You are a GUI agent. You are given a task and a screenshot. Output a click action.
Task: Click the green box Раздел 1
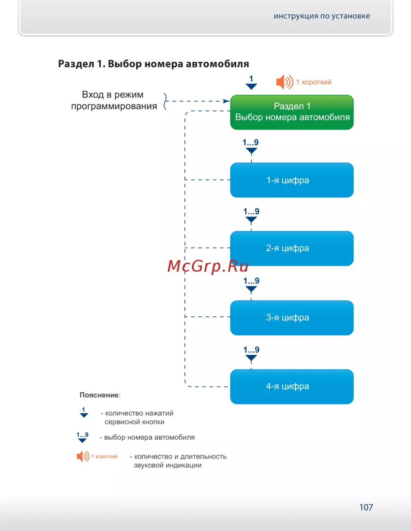click(x=292, y=112)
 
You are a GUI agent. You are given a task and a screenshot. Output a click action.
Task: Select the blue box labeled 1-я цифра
click(x=292, y=180)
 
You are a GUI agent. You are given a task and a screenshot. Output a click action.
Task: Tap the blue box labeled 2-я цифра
click(x=292, y=248)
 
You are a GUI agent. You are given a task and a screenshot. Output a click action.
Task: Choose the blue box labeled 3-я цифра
click(x=292, y=317)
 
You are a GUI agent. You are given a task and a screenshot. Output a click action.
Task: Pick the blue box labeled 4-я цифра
click(x=292, y=386)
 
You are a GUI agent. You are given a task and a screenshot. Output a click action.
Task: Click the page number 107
click(x=366, y=507)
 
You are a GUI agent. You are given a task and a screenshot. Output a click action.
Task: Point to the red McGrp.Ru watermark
click(x=208, y=266)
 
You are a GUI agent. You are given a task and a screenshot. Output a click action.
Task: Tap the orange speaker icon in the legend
click(x=83, y=456)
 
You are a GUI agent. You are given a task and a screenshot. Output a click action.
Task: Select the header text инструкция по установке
click(x=322, y=16)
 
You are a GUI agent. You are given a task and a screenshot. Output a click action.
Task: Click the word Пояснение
click(x=99, y=395)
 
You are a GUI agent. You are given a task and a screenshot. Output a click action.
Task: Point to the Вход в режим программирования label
click(x=114, y=100)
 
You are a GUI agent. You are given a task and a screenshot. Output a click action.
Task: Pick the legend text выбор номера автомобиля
click(x=149, y=437)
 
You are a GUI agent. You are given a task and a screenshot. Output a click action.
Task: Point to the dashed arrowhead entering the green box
click(x=226, y=101)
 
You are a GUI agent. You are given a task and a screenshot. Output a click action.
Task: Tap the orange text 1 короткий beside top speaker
click(x=314, y=82)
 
